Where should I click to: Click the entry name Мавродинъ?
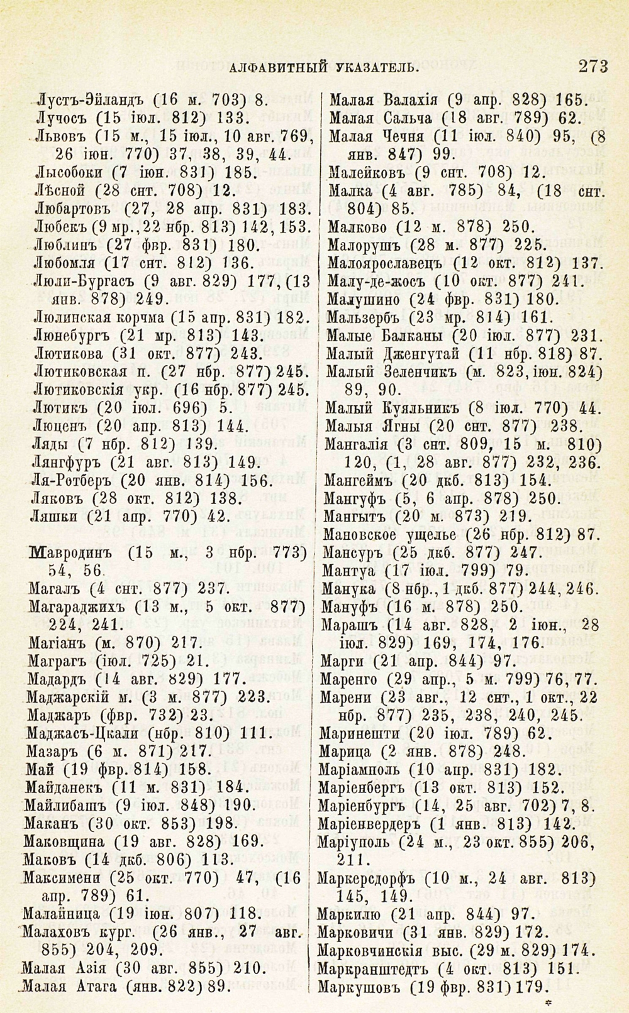coord(69,554)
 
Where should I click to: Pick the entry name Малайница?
coord(60,912)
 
